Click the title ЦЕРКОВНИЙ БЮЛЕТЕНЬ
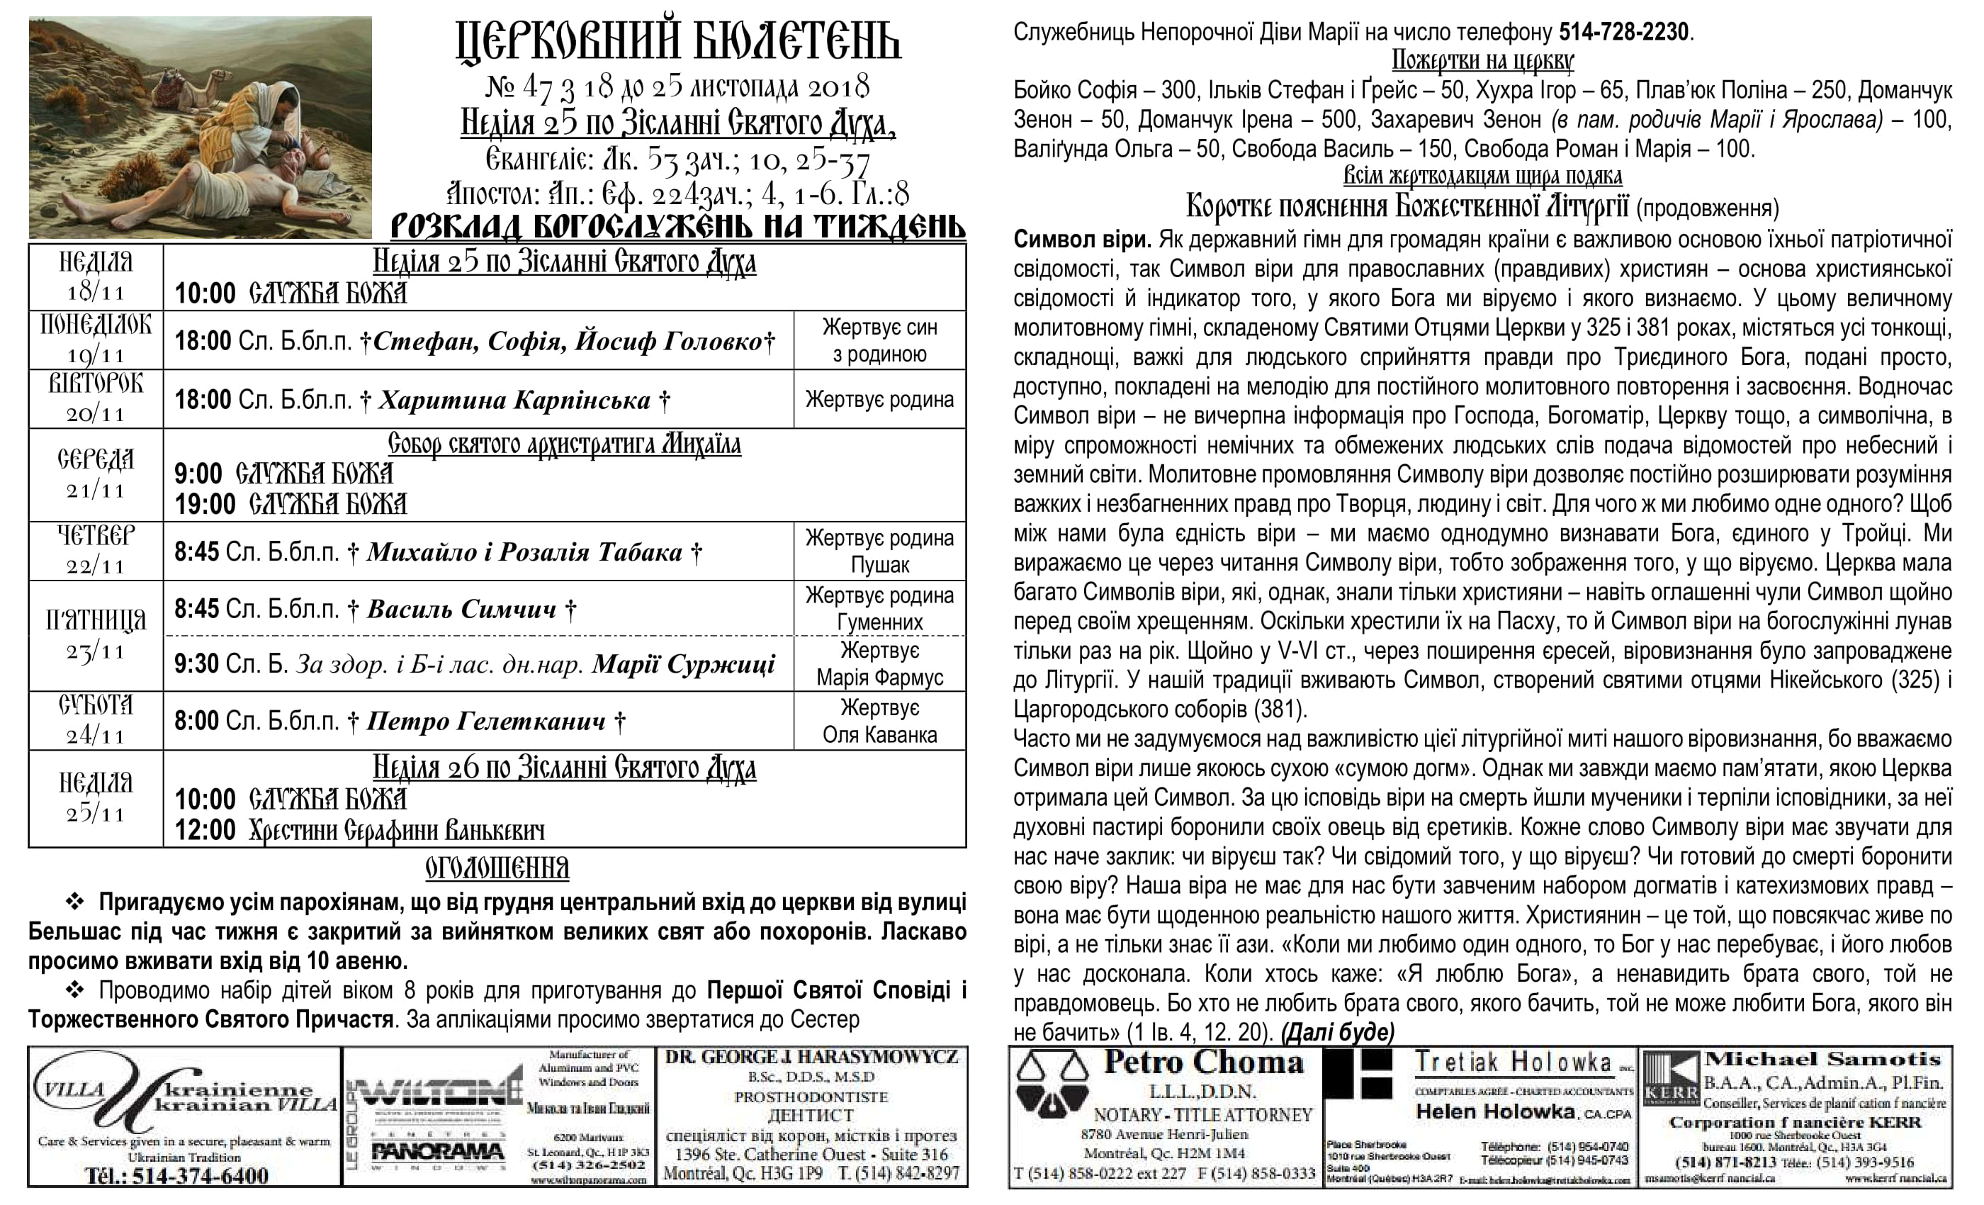[678, 42]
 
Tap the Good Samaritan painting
[201, 128]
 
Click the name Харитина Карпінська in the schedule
[514, 400]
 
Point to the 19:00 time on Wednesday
[205, 504]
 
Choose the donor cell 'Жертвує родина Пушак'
[879, 551]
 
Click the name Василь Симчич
[461, 609]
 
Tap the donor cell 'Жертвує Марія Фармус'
[879, 663]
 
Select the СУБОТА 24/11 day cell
[96, 720]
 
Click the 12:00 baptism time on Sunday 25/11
[205, 829]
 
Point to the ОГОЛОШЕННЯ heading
[497, 868]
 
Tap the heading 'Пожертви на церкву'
[1482, 60]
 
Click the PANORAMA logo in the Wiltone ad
[438, 1153]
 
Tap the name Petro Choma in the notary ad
[1203, 1063]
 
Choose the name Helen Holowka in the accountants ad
[1494, 1111]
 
